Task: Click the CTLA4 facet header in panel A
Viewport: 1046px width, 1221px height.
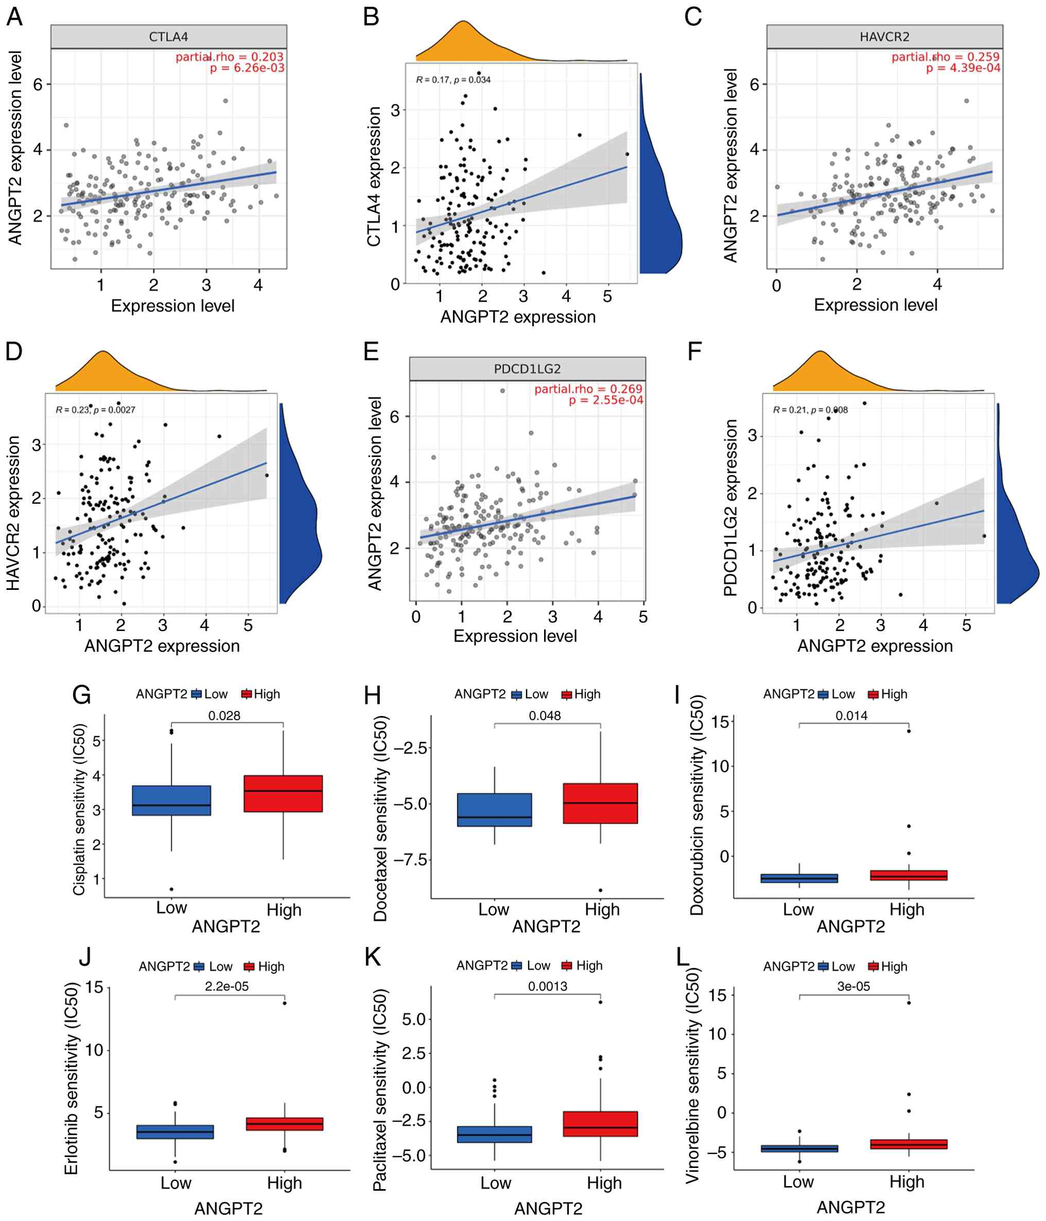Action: pyautogui.click(x=168, y=37)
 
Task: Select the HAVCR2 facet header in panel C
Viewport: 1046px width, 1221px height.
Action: pyautogui.click(x=884, y=37)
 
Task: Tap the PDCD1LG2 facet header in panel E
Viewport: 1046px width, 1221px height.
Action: pyautogui.click(x=528, y=369)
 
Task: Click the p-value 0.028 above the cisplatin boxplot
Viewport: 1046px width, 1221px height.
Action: pyautogui.click(x=224, y=716)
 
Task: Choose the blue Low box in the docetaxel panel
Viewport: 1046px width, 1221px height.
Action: pyautogui.click(x=494, y=810)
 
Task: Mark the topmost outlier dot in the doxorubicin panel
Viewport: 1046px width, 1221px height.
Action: pyautogui.click(x=909, y=731)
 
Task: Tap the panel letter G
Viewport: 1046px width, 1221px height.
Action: pyautogui.click(x=81, y=695)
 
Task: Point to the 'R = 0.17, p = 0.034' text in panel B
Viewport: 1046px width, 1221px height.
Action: pyautogui.click(x=453, y=80)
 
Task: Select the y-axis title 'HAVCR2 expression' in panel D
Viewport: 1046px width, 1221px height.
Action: pyautogui.click(x=13, y=513)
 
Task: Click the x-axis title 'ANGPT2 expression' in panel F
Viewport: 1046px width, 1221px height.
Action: pyautogui.click(x=875, y=646)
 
